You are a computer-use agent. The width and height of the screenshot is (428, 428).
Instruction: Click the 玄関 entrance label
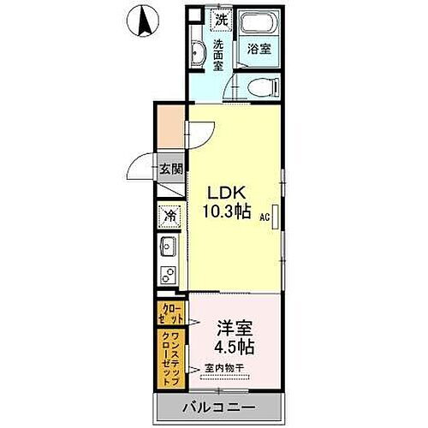coord(169,169)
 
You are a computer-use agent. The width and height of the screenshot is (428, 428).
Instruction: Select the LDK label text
coord(227,193)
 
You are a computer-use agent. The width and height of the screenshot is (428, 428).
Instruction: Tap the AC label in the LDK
coord(265,217)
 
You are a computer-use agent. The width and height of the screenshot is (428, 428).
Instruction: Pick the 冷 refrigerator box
coord(169,216)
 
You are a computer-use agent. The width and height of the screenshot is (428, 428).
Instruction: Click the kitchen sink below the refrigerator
coord(168,248)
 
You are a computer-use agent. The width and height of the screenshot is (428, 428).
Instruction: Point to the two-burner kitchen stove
coord(168,276)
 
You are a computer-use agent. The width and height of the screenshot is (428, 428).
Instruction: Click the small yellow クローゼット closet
coord(169,312)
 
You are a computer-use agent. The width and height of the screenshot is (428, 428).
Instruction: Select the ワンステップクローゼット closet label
coord(169,354)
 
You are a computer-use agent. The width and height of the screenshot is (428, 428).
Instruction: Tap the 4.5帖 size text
coord(233,349)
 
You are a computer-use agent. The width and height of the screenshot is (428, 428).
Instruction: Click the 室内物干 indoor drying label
coord(225,369)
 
